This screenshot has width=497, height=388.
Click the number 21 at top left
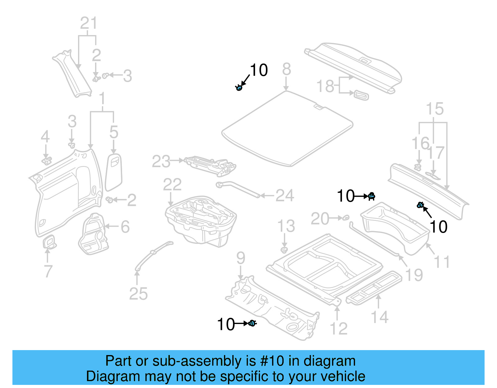pyautogui.click(x=89, y=23)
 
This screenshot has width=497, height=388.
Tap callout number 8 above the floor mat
pyautogui.click(x=286, y=69)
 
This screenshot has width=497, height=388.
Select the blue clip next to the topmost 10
pyautogui.click(x=239, y=88)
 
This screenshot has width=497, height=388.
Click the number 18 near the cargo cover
pyautogui.click(x=325, y=86)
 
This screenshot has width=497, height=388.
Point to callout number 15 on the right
pyautogui.click(x=435, y=109)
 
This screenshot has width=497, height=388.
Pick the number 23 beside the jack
pyautogui.click(x=161, y=162)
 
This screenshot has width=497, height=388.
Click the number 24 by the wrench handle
pyautogui.click(x=285, y=196)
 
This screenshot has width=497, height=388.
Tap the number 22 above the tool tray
pyautogui.click(x=172, y=185)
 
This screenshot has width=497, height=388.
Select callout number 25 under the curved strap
pyautogui.click(x=138, y=294)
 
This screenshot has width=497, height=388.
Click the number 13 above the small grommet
pyautogui.click(x=286, y=226)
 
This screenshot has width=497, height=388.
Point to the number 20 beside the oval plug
pyautogui.click(x=320, y=219)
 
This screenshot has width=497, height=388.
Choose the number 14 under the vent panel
pyautogui.click(x=380, y=317)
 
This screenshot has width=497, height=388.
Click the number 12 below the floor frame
pyautogui.click(x=338, y=329)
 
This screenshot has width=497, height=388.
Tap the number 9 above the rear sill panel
pyautogui.click(x=240, y=258)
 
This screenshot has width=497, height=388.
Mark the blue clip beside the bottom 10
pyautogui.click(x=252, y=324)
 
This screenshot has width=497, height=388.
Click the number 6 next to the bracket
pyautogui.click(x=125, y=227)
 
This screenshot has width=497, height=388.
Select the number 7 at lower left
pyautogui.click(x=48, y=271)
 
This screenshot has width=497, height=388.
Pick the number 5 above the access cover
pyautogui.click(x=114, y=132)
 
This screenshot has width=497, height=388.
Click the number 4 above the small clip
pyautogui.click(x=45, y=137)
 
